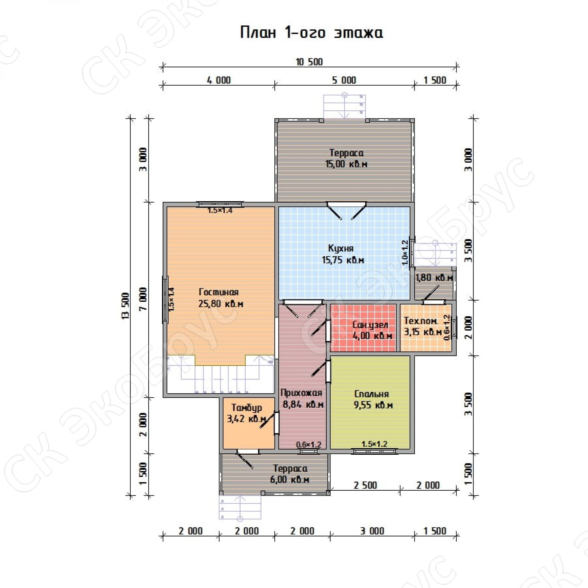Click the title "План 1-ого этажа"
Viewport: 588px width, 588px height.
point(311,33)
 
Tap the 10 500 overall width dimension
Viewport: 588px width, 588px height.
point(309,62)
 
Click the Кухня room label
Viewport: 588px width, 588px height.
point(341,248)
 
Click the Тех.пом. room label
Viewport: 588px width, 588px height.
point(421,321)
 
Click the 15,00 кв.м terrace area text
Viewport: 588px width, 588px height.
point(346,164)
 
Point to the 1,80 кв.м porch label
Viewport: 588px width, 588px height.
point(434,278)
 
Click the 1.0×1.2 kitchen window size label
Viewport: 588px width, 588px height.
point(405,253)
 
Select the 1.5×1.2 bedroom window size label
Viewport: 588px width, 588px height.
point(374,444)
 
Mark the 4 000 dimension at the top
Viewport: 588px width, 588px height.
point(219,80)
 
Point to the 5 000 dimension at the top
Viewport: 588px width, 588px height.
point(344,80)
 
